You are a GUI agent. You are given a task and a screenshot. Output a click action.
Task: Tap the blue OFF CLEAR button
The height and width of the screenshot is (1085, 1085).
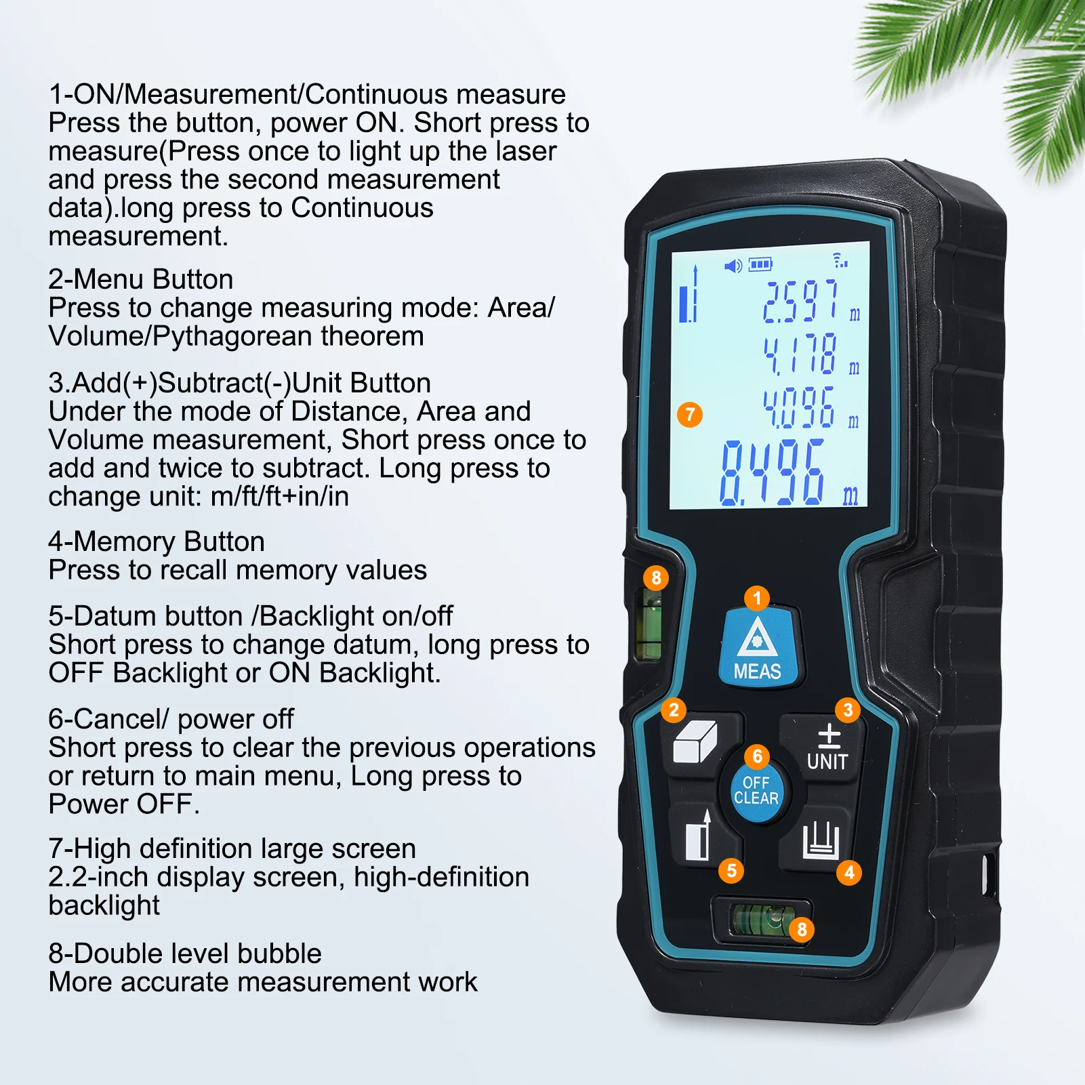[756, 790]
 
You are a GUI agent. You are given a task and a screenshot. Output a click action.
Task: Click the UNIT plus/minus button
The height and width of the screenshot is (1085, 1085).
[823, 748]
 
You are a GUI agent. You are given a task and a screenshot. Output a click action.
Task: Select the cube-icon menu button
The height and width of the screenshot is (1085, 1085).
[698, 744]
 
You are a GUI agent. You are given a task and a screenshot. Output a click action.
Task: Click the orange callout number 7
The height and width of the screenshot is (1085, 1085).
[690, 414]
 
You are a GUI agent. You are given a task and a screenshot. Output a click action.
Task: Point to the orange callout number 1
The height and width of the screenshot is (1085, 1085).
[757, 598]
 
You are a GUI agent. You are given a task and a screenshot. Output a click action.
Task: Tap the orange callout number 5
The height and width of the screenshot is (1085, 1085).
[731, 870]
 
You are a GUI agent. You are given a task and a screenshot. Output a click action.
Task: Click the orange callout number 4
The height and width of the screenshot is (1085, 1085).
[849, 872]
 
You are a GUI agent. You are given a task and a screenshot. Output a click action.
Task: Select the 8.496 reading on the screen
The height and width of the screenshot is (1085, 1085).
[773, 472]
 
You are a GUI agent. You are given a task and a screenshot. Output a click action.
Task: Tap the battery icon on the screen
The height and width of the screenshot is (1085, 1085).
[760, 264]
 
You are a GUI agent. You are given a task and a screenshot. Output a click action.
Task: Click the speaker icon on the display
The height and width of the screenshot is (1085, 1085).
[733, 265]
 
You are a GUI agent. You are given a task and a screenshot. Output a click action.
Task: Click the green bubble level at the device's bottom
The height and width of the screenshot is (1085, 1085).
[761, 920]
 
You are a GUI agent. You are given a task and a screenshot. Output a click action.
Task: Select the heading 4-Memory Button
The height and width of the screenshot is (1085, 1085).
[157, 541]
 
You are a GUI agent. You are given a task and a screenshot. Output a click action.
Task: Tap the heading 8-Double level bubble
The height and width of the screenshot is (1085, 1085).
[185, 954]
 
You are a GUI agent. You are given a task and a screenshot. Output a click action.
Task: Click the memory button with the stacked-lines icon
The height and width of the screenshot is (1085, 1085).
[819, 839]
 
